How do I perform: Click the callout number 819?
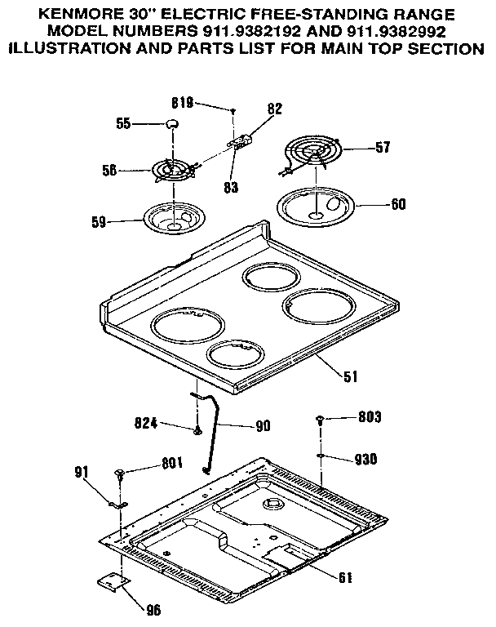tap(181, 103)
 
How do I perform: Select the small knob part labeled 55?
tap(171, 122)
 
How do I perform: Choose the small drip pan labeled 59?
tap(173, 218)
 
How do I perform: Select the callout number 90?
tap(262, 425)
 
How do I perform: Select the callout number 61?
tap(345, 578)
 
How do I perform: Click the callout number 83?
tap(231, 187)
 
